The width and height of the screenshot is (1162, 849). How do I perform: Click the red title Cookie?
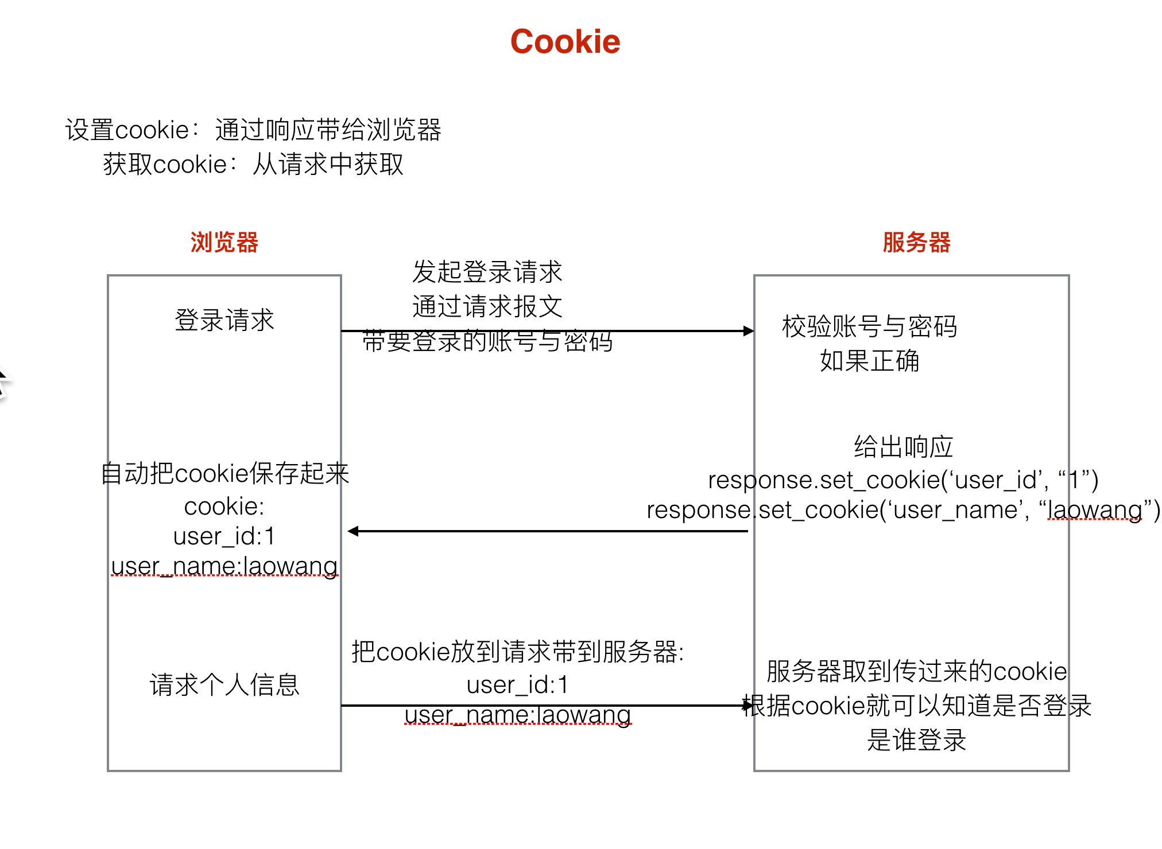[x=565, y=42]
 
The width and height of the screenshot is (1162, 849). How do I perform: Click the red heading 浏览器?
[x=224, y=242]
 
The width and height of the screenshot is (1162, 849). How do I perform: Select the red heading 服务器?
[x=916, y=242]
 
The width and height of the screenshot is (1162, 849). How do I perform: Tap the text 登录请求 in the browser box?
[x=224, y=320]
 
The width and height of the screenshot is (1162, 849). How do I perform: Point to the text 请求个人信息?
[x=224, y=685]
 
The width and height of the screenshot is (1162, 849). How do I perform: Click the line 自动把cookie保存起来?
[x=224, y=474]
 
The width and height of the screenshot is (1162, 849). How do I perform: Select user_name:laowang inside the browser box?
[x=224, y=566]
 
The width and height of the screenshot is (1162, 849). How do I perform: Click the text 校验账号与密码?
[x=869, y=326]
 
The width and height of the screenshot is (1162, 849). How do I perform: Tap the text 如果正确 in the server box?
[x=869, y=361]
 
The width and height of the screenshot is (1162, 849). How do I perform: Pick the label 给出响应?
[x=903, y=447]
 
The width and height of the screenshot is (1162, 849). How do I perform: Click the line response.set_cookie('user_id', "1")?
[x=903, y=480]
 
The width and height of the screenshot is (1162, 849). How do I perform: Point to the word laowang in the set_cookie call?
[x=1094, y=509]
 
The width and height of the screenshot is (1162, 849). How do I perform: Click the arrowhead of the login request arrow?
[x=748, y=331]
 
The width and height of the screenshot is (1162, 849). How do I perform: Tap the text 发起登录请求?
[x=487, y=272]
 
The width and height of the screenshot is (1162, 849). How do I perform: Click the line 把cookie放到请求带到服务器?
[x=517, y=652]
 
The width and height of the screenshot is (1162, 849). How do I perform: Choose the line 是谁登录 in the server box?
[x=916, y=740]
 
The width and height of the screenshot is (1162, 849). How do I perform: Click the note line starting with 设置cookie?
[x=253, y=130]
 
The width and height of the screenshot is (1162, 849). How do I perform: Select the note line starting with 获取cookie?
[x=253, y=165]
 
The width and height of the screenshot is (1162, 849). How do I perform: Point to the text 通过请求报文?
[x=487, y=306]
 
